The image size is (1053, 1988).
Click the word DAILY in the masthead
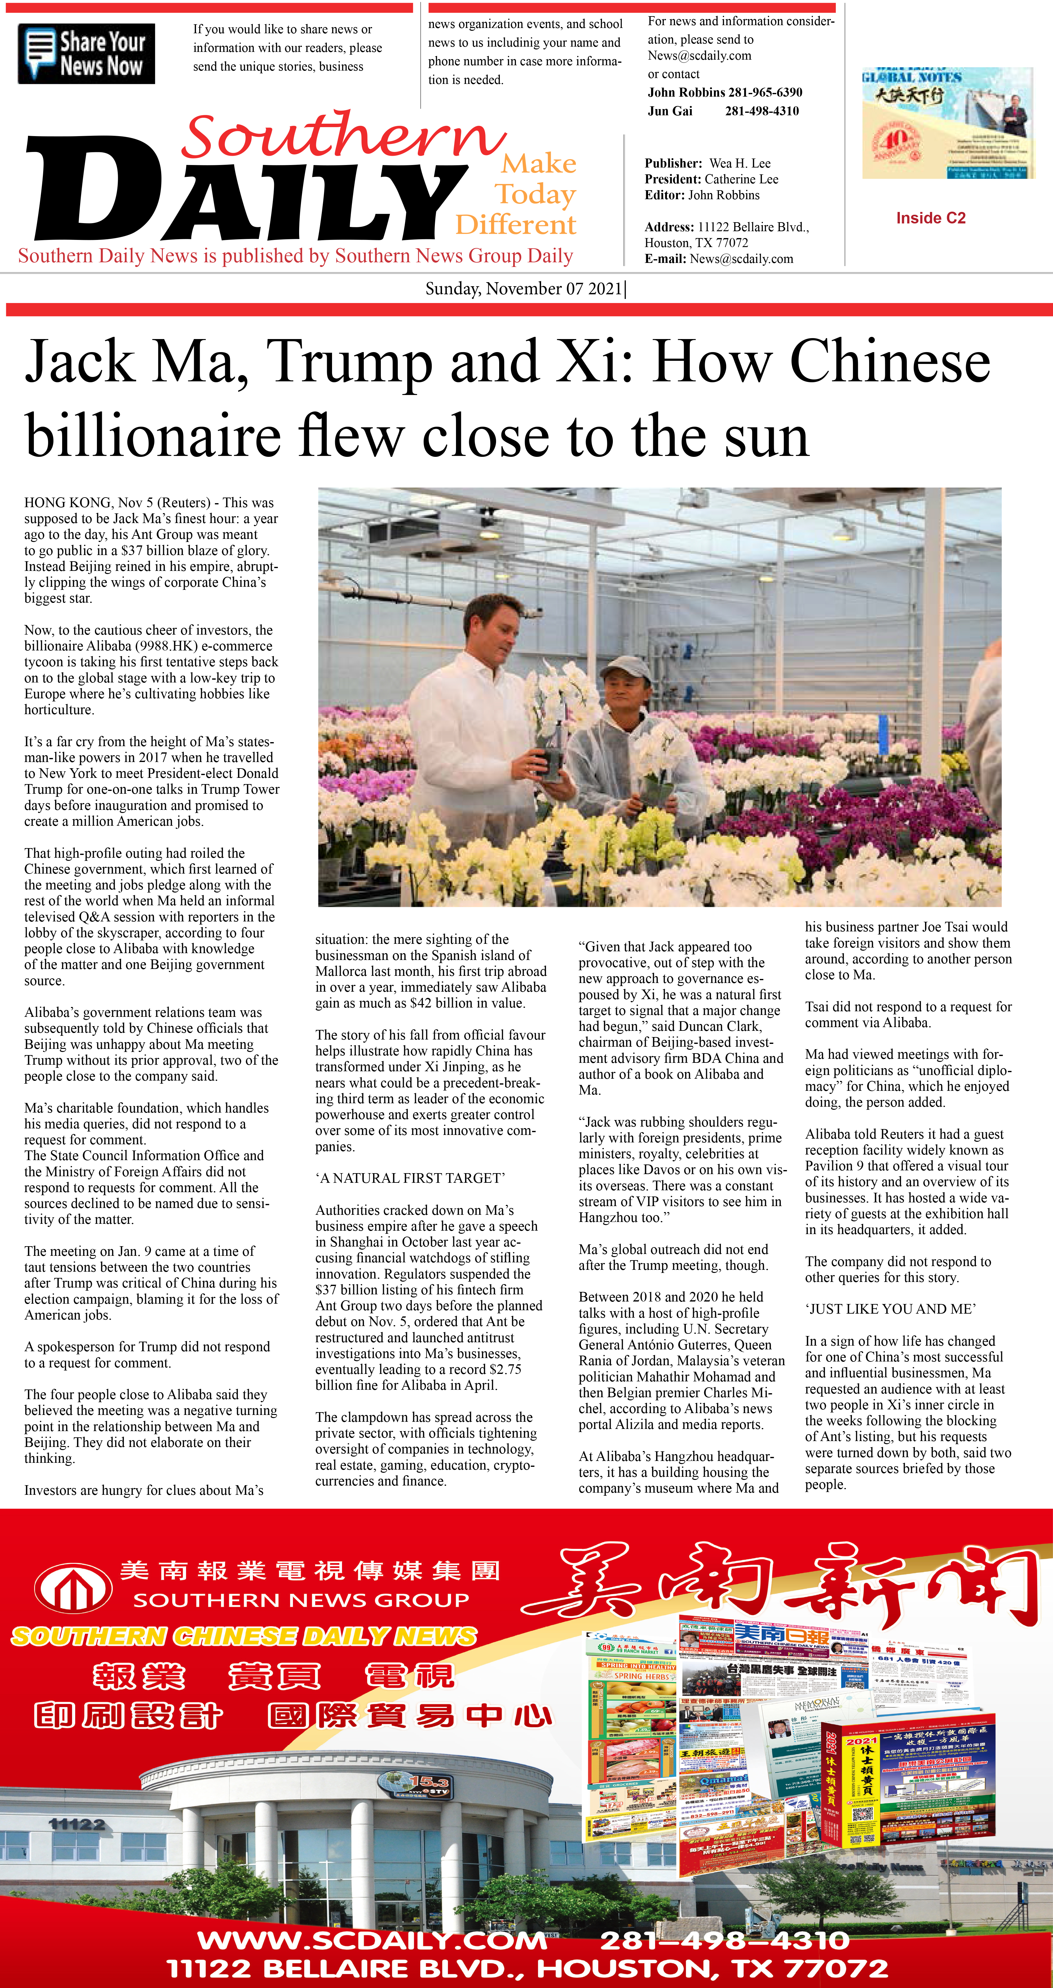point(247,193)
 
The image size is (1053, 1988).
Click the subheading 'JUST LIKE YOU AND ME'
point(890,1309)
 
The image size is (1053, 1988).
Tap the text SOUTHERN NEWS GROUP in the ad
point(301,1600)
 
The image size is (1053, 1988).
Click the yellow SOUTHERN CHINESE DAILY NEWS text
point(244,1636)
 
